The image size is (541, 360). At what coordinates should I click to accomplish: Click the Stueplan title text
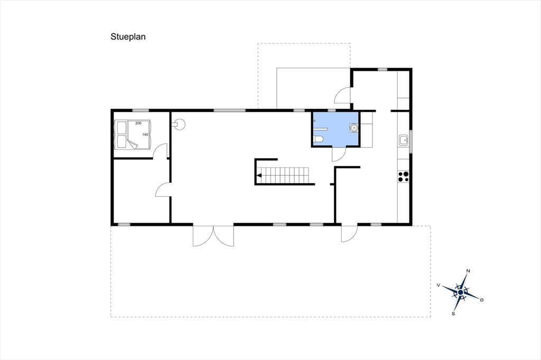click(x=128, y=37)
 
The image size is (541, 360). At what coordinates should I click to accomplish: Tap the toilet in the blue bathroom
click(x=319, y=140)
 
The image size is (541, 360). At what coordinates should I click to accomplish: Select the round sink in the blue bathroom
click(x=354, y=128)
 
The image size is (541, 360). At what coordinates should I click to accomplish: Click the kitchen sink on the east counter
click(x=404, y=140)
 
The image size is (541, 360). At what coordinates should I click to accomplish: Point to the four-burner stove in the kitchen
click(x=403, y=176)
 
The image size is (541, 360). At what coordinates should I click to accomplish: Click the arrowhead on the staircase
click(x=259, y=176)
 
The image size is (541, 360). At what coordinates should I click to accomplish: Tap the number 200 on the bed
click(x=138, y=123)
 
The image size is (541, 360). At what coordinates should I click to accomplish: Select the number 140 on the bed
click(x=145, y=135)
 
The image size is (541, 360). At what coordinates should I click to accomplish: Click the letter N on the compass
click(x=468, y=271)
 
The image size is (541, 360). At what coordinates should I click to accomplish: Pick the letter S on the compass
click(x=453, y=314)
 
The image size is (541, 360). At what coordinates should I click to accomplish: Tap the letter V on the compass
click(x=439, y=285)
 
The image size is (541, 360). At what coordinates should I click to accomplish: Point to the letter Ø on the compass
click(x=482, y=300)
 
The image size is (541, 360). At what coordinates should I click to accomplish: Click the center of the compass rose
click(x=461, y=292)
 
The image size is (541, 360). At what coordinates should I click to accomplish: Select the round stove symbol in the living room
click(x=180, y=124)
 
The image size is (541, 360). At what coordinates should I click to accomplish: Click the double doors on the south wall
click(x=213, y=235)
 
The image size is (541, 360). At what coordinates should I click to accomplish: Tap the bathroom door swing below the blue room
click(x=339, y=154)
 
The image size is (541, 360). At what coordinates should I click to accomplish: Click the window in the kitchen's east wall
click(x=411, y=141)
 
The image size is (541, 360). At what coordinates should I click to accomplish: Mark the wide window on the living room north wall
click(x=229, y=110)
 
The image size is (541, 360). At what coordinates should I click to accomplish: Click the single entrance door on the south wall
click(x=349, y=233)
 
